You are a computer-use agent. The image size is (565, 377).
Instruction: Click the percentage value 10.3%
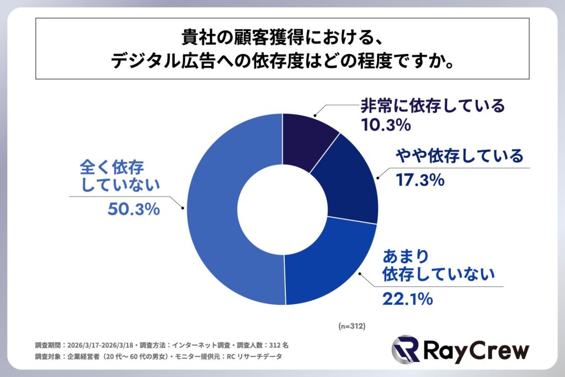click(386, 125)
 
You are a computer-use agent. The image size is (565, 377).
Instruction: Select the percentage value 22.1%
click(406, 299)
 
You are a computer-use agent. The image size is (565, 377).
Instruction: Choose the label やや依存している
click(459, 156)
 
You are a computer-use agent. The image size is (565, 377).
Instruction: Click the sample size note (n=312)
click(352, 326)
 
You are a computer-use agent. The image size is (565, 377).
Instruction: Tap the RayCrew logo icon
click(405, 349)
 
